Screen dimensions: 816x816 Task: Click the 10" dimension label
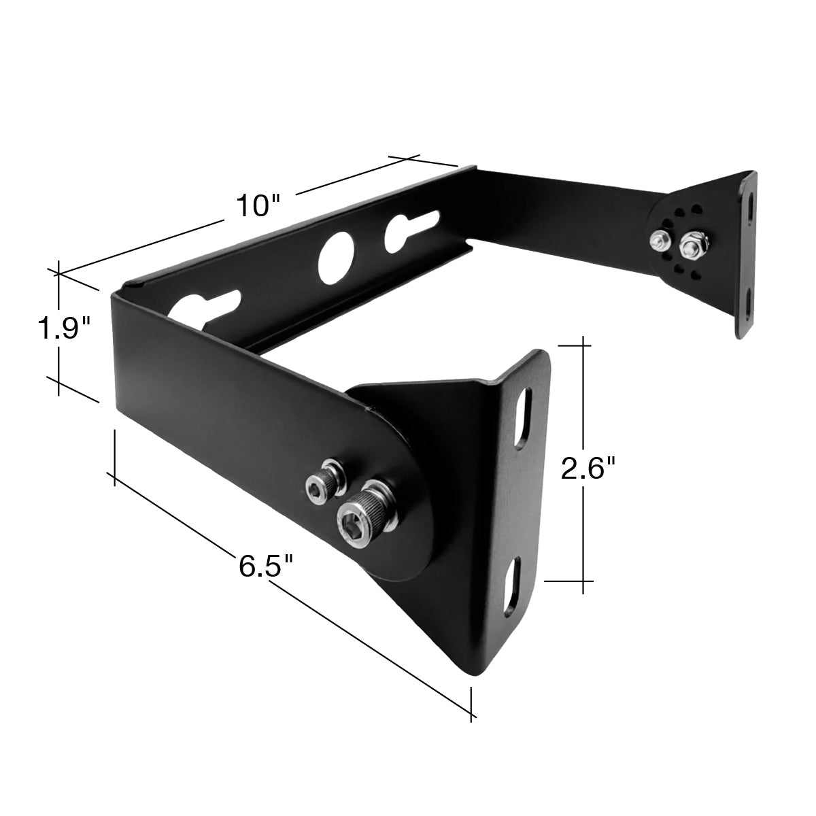point(258,206)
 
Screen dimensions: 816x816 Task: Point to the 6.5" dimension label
point(266,566)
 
